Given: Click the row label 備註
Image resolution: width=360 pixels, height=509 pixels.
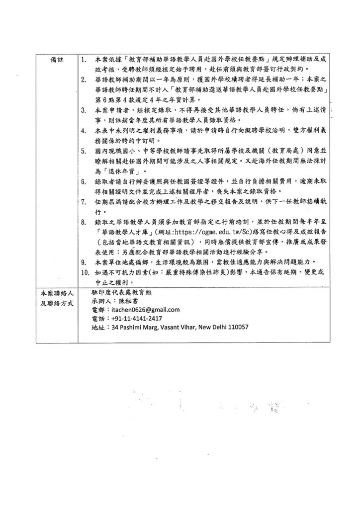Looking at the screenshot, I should (58, 60).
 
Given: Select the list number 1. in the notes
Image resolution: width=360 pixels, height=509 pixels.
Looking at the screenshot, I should (83, 60).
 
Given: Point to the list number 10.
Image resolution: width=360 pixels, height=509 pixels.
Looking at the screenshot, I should (85, 272).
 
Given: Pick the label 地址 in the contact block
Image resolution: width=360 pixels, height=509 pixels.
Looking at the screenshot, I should (98, 327).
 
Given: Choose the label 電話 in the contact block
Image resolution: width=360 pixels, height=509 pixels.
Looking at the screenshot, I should (98, 318).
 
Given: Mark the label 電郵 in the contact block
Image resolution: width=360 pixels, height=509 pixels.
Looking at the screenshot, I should (98, 310).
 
